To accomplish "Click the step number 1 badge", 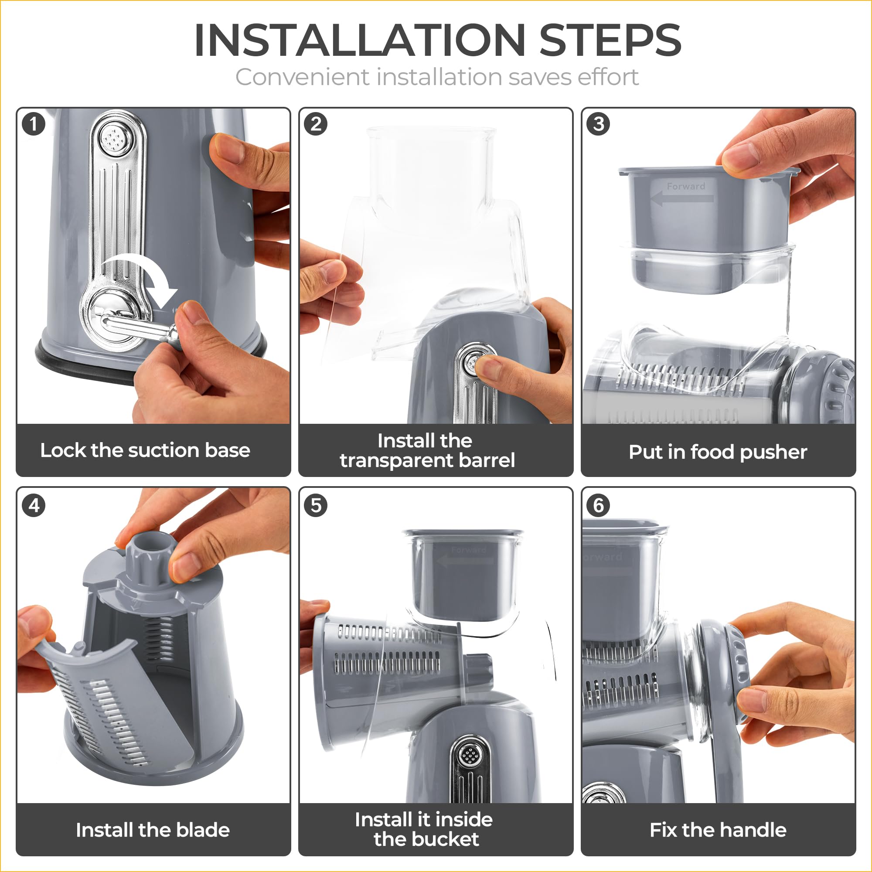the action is pos(34,124).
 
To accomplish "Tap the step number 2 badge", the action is pos(316,124).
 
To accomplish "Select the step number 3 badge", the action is pos(599,124).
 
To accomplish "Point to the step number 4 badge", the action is pos(34,505).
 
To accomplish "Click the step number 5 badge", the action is pos(316,505).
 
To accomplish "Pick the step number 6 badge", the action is pos(599,505).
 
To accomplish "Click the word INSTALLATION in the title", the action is pos(360,40).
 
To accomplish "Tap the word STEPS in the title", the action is pos(610,40).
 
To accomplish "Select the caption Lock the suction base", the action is pos(145,450).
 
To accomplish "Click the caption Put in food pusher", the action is pos(718,452).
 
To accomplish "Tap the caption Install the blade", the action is pos(153,830).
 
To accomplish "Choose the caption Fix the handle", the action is pos(718,830).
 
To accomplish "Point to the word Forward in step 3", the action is pos(685,186).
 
